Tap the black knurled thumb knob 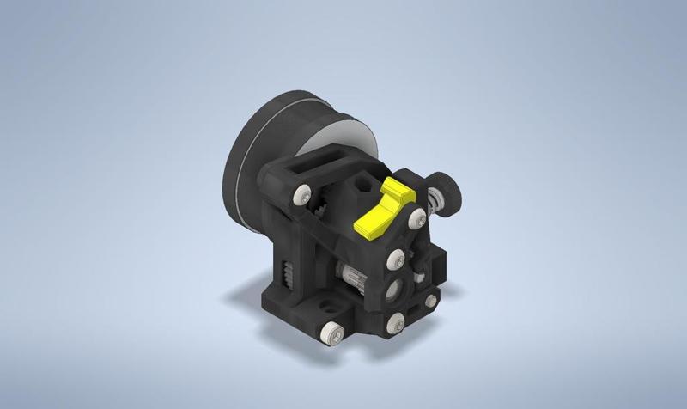(x=446, y=189)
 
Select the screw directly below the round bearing (x=395, y=324)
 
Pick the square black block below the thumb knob (x=438, y=258)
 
